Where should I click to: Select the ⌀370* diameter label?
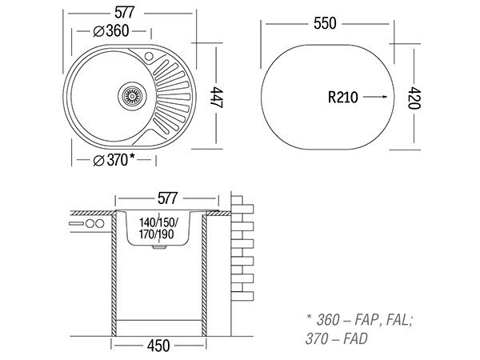tap(113, 160)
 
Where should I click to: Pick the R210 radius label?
tap(343, 97)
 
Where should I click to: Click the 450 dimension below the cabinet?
tap(159, 346)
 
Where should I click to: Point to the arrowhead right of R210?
tap(384, 97)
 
